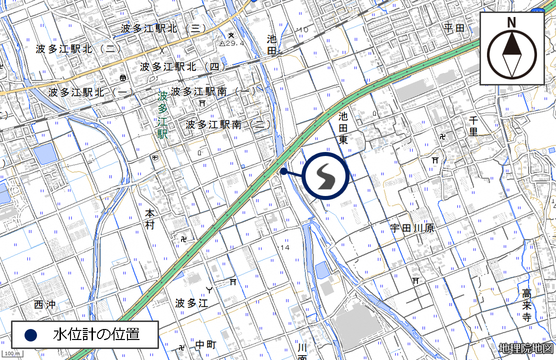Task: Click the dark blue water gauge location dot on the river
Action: pyautogui.click(x=283, y=171)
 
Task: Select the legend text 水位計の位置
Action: pyautogui.click(x=96, y=334)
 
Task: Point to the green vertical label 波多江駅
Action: pyautogui.click(x=162, y=114)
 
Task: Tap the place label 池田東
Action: pyautogui.click(x=343, y=128)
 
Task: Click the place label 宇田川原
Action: pyautogui.click(x=412, y=228)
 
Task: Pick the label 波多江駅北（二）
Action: pyautogui.click(x=78, y=49)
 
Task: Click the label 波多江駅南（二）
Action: pyautogui.click(x=228, y=124)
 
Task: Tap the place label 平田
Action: pyautogui.click(x=454, y=28)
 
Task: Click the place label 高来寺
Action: pyautogui.click(x=526, y=304)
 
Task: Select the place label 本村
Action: pyautogui.click(x=150, y=219)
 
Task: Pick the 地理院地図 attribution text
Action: pyautogui.click(x=526, y=348)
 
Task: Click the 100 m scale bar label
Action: pyautogui.click(x=11, y=354)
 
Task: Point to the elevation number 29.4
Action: pyautogui.click(x=234, y=43)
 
